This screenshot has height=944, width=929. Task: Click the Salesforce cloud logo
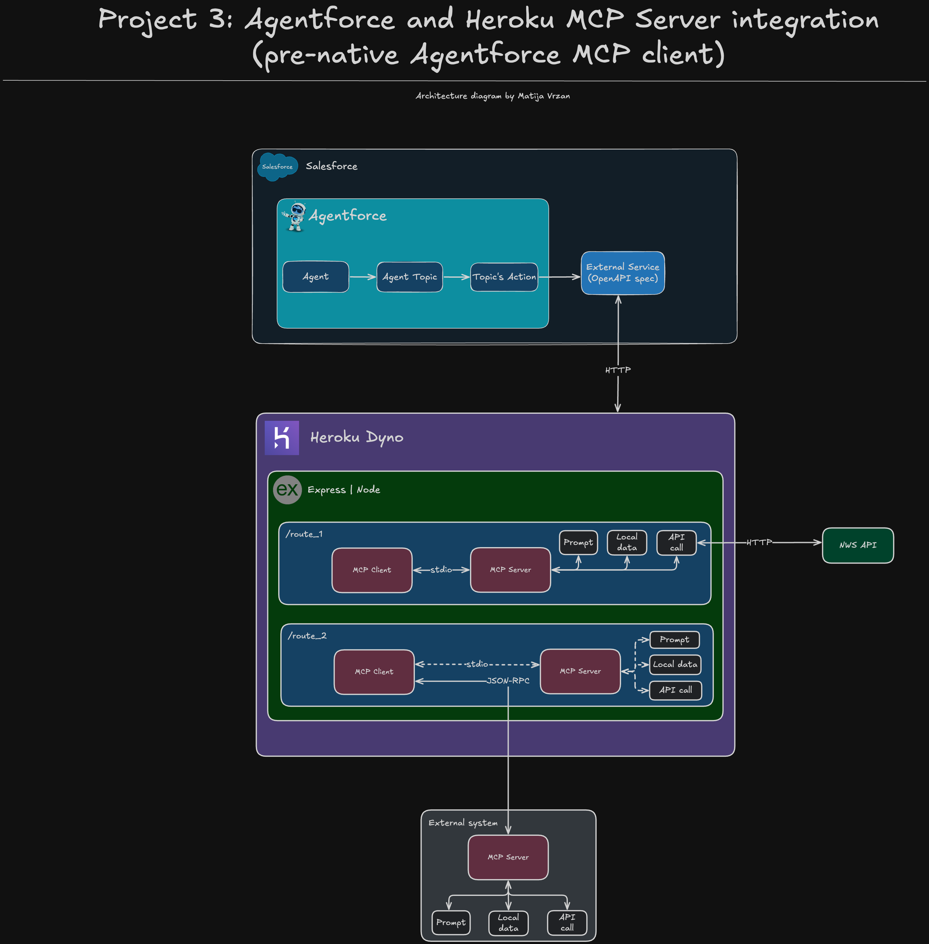[x=278, y=166]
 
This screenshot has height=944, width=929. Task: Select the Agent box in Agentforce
[x=316, y=277]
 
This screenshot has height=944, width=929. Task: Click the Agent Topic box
[x=410, y=277]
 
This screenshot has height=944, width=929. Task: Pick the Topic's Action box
[x=504, y=277]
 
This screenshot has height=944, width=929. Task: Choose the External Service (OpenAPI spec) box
[x=623, y=273]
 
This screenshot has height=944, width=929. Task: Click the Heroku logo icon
[x=282, y=438]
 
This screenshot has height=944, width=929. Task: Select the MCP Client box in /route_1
[x=372, y=570]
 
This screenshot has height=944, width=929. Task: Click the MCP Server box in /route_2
[x=580, y=671]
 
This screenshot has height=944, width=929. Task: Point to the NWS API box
[x=858, y=545]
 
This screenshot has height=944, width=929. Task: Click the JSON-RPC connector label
[x=508, y=680]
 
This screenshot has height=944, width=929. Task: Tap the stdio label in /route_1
[x=441, y=570]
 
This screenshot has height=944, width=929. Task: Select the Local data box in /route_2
[x=675, y=664]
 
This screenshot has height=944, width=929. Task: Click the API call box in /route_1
[x=676, y=542]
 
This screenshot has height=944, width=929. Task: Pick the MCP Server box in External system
[x=508, y=857]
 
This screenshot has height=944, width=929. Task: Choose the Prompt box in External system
[x=451, y=923]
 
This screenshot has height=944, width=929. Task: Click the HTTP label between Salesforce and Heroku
[x=618, y=370]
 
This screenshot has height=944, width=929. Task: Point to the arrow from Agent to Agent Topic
[x=362, y=277]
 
